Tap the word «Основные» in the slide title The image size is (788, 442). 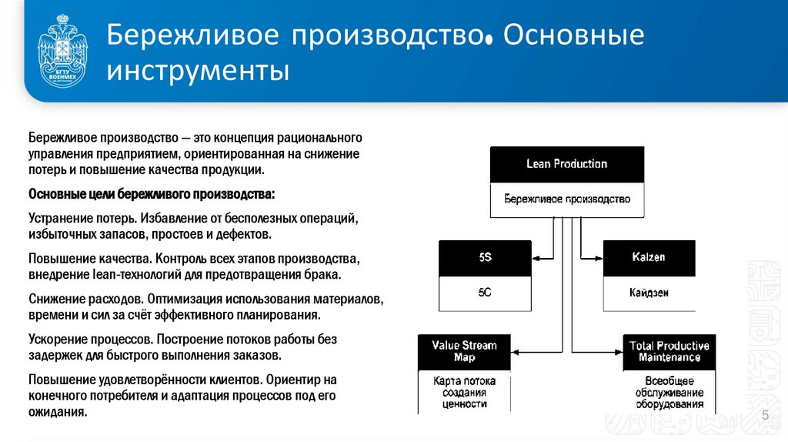[573, 35]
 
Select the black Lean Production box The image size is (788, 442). [566, 164]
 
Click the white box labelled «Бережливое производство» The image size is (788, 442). [566, 199]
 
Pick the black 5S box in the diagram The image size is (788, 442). [485, 257]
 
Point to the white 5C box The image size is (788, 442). [485, 293]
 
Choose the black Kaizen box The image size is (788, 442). [648, 257]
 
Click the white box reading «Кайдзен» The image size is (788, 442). [648, 293]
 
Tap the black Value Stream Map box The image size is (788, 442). [464, 351]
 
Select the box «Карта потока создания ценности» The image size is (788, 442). [464, 392]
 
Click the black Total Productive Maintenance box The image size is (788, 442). [669, 351]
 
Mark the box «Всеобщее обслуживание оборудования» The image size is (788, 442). [669, 392]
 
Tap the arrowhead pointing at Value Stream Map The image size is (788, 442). [516, 351]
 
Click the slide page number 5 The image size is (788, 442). [766, 417]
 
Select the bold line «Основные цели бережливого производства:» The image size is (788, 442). [151, 193]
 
